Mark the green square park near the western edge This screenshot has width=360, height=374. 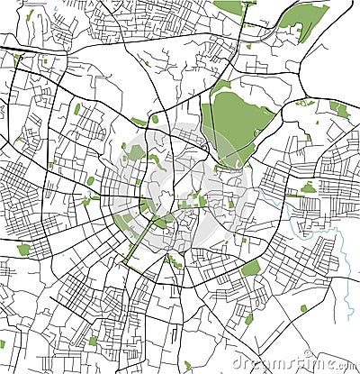[x=23, y=250]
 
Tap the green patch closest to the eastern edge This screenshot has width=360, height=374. [x=339, y=109]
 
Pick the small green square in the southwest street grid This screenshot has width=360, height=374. [x=93, y=341]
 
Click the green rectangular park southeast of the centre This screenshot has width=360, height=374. [x=251, y=269]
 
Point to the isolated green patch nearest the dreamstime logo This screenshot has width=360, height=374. [x=248, y=318]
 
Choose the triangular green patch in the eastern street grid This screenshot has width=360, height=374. [x=309, y=188]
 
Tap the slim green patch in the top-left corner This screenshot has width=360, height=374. [x=30, y=16]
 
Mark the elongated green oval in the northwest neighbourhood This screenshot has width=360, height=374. [x=77, y=109]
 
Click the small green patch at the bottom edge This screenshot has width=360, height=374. [x=187, y=366]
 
